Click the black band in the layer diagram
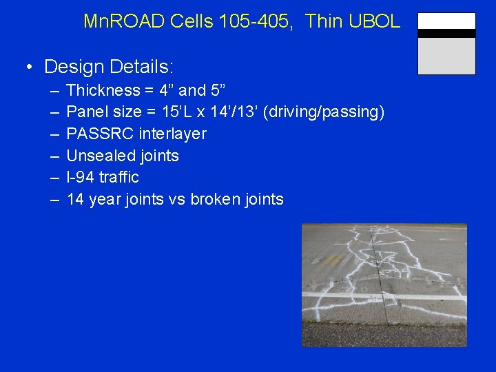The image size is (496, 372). [446, 33]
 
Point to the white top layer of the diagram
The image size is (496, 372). [446, 21]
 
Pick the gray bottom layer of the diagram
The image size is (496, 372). [446, 55]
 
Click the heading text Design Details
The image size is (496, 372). [109, 67]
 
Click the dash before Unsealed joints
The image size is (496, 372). [54, 156]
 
